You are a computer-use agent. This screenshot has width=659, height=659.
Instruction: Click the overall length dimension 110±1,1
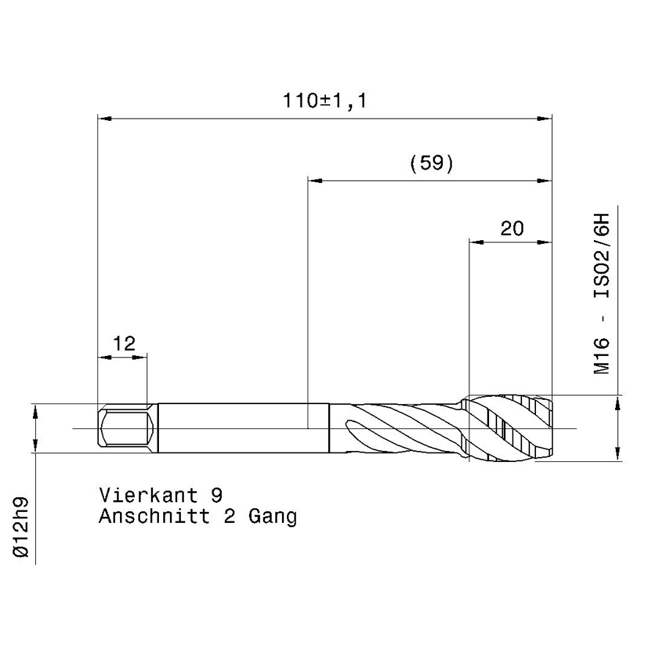325,101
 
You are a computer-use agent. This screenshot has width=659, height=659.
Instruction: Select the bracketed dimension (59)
431,163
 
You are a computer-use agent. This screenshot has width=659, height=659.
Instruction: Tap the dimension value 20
512,228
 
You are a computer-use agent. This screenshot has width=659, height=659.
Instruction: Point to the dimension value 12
124,344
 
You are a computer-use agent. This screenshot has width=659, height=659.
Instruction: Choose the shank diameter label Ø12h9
21,527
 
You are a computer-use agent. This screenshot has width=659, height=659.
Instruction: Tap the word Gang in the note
273,517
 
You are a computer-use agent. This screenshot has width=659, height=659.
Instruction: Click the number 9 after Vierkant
217,496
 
